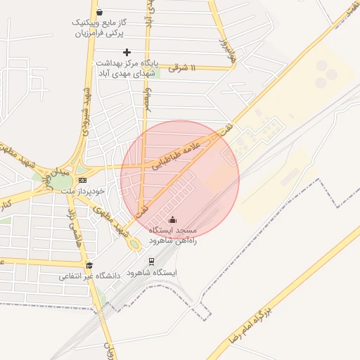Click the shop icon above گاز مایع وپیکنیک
point(99,12)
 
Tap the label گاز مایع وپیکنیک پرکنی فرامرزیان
point(98,27)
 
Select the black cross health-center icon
point(127,52)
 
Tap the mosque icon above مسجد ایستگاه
point(173,219)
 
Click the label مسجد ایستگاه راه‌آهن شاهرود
point(173,235)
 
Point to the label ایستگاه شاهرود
point(156,273)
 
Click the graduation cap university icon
point(89,264)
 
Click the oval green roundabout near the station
point(134,244)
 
